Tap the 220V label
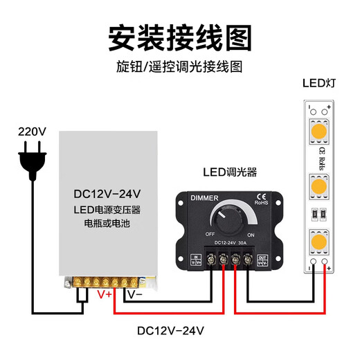pos(31,131)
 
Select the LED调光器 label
pos(229,171)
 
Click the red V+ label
pos(105,294)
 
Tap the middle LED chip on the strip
pos(319,186)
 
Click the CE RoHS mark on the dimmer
pos(262,199)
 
